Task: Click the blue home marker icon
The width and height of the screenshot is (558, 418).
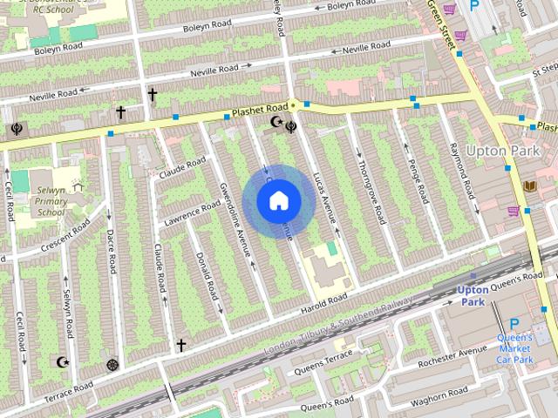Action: click(x=277, y=201)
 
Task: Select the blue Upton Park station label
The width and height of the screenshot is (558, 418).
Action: click(x=473, y=295)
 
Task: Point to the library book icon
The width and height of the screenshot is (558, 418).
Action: click(x=530, y=186)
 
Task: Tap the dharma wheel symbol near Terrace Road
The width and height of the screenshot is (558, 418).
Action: click(x=112, y=365)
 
